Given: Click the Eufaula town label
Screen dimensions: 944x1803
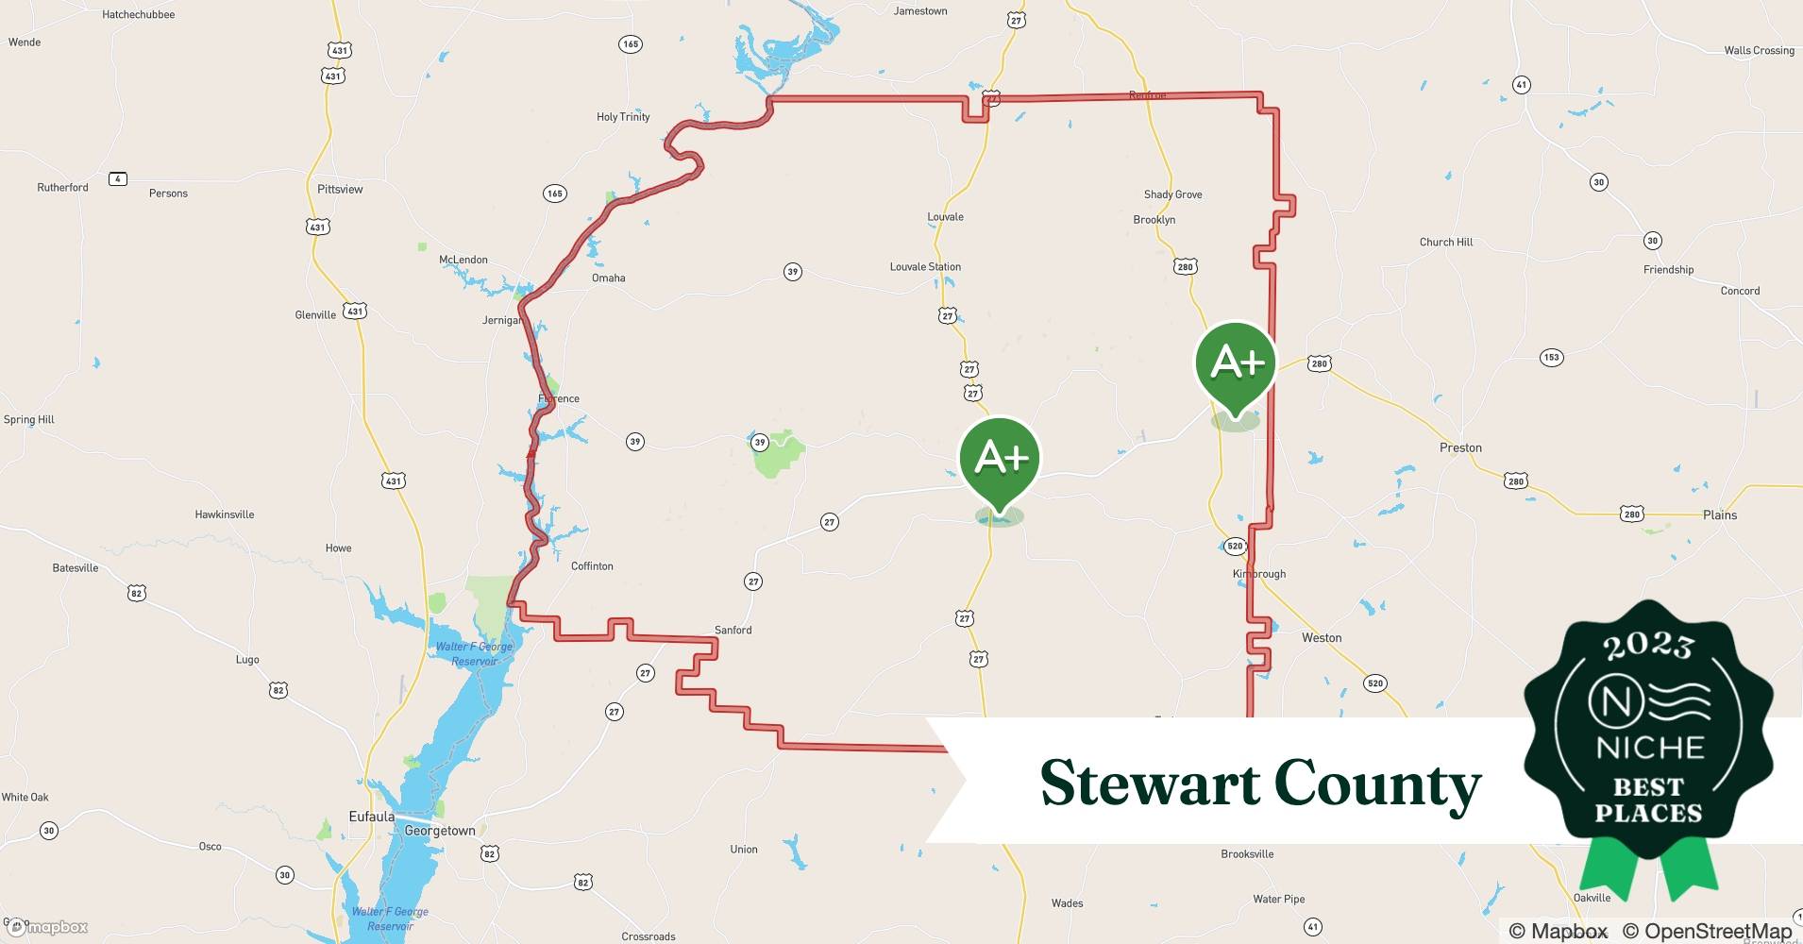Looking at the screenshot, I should pos(371,817).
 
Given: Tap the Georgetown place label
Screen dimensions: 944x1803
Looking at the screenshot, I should pos(440,831).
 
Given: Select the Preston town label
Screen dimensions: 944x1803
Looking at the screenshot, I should pos(1460,447).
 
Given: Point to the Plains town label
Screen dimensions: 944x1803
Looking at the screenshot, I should pos(1719,514).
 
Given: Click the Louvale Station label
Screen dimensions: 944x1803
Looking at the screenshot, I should pos(925,267).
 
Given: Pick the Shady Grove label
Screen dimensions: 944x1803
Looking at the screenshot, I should pos(1172,194).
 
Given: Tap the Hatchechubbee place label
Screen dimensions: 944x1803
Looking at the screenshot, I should pos(138,14).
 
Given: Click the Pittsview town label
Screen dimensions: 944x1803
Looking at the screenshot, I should pos(340,189).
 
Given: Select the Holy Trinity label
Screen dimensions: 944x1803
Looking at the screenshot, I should pos(623,117).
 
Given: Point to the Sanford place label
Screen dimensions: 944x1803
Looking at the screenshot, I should pos(733,630).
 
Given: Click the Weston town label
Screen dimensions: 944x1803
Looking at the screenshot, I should pos(1321,638).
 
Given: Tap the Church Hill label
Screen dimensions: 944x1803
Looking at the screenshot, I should pos(1445,242).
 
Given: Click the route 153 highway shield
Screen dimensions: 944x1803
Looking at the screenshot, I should pos(1551,357).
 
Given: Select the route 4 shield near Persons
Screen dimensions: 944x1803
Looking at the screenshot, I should pos(118,179).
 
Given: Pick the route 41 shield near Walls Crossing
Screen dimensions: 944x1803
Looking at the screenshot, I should pos(1521,84).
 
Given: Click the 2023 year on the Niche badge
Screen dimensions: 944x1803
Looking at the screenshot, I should pos(1648,646).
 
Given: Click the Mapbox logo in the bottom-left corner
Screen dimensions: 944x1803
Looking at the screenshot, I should pos(47,927).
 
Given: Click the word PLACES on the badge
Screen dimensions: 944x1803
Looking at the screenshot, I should pos(1648,813).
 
